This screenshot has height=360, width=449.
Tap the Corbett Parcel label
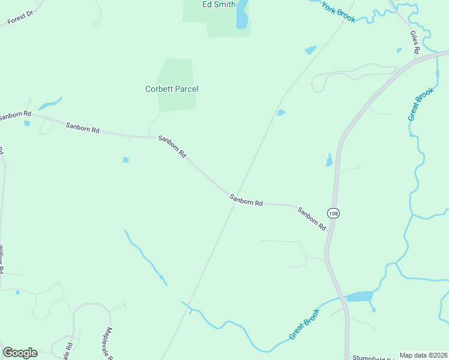(x=172, y=89)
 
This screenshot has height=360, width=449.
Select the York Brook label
(x=338, y=11)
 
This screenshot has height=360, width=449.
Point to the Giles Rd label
(x=414, y=43)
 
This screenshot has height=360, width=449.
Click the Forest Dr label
(x=19, y=19)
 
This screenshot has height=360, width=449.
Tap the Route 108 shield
(x=333, y=213)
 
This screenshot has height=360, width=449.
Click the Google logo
(x=20, y=353)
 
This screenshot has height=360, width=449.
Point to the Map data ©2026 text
(x=423, y=355)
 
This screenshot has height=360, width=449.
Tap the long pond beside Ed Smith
(x=242, y=14)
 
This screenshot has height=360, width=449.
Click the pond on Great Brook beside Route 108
(x=359, y=296)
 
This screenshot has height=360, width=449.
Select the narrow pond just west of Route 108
(x=329, y=160)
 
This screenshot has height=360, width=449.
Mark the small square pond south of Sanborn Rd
(x=125, y=160)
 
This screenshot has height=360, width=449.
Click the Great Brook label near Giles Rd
(x=420, y=104)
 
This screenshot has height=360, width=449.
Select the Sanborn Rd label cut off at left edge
(x=15, y=114)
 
